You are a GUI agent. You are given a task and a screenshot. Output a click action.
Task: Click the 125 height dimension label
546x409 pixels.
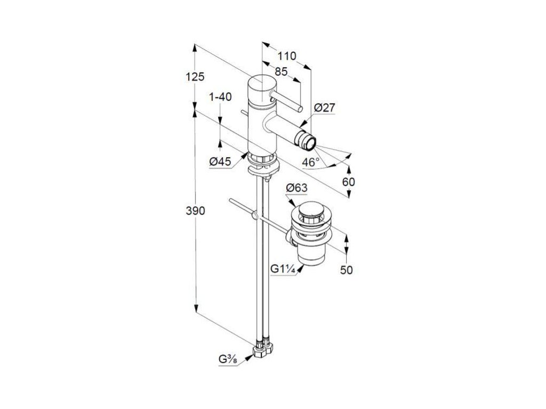(x=196, y=77)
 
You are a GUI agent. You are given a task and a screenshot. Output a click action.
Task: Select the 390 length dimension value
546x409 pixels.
(x=196, y=211)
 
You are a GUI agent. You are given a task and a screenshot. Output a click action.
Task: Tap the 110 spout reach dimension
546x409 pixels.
(x=287, y=56)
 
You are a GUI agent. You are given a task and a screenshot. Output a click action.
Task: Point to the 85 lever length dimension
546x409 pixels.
(x=281, y=71)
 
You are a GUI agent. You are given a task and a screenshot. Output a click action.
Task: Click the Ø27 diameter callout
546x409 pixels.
(x=324, y=108)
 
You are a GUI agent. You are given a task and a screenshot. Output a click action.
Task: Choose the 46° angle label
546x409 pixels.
(x=311, y=162)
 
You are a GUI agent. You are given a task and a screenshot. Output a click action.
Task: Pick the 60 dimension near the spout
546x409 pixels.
(x=348, y=182)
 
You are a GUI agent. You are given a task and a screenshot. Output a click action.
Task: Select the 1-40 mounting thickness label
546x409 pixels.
(x=220, y=97)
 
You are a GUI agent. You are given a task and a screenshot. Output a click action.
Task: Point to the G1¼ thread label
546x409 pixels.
(x=283, y=269)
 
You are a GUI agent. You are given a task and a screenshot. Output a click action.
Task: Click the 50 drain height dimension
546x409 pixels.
(x=347, y=270)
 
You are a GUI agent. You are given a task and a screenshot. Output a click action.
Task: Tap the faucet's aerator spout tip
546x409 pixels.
(x=308, y=142)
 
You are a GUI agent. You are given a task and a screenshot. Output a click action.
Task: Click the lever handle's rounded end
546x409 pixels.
(x=300, y=109)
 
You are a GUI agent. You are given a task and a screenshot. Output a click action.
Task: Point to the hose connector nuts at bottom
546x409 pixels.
(x=262, y=350)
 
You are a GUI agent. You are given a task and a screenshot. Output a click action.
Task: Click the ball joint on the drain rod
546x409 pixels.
(x=255, y=215)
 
